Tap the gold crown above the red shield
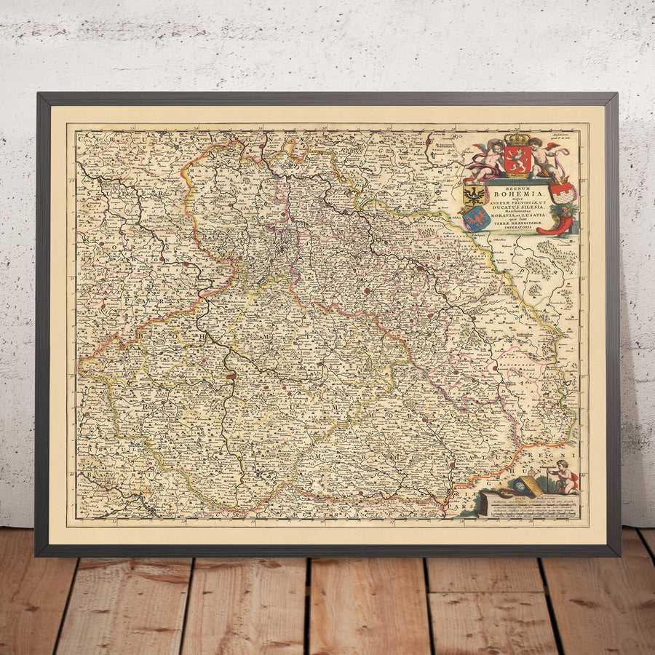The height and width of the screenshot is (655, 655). [x=517, y=138]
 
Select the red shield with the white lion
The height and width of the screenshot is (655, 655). [x=517, y=161]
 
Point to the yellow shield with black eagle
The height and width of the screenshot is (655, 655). [x=475, y=194]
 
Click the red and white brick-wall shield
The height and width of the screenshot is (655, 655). [x=563, y=192]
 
